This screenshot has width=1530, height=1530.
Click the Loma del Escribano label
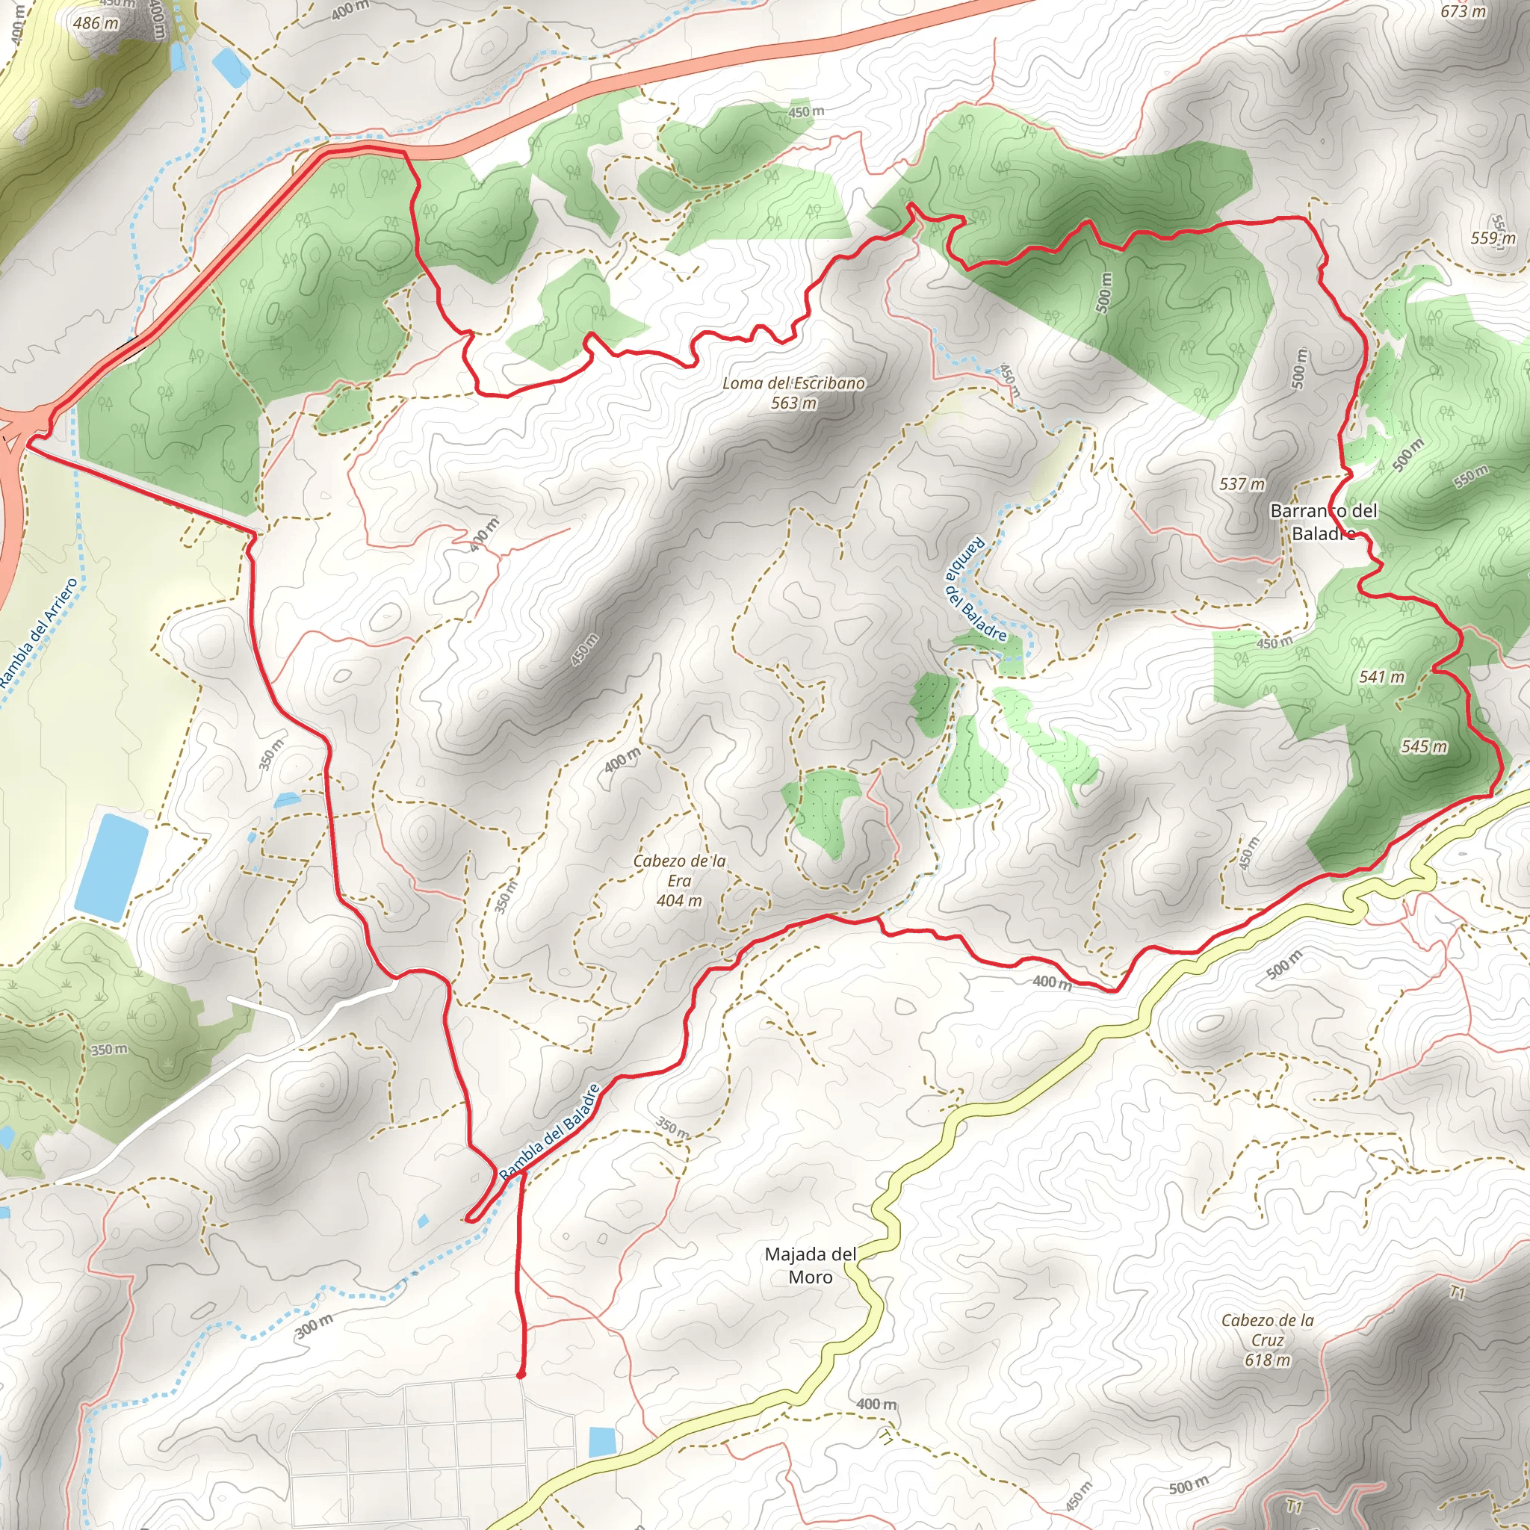pos(793,384)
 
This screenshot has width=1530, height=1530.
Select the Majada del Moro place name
pos(810,1265)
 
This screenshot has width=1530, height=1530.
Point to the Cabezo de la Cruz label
pos(1267,1330)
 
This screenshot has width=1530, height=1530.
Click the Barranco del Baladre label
pos(1323,522)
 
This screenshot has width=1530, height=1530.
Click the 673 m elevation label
pos(1463,11)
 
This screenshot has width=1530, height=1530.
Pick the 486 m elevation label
pos(95,24)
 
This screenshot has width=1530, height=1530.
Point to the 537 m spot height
pos(1242,484)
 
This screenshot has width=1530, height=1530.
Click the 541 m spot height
pos(1382,677)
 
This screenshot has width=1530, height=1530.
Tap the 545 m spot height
pos(1424,746)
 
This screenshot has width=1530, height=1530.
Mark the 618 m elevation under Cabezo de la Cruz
pos(1267,1360)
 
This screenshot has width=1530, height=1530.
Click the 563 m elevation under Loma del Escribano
pos(793,403)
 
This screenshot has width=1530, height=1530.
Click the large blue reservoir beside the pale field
pos(111,867)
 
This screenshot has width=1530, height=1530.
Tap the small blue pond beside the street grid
pos(601,1441)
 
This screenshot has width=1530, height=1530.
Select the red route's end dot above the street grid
pos(520,1375)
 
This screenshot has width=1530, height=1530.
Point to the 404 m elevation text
pos(678,900)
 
